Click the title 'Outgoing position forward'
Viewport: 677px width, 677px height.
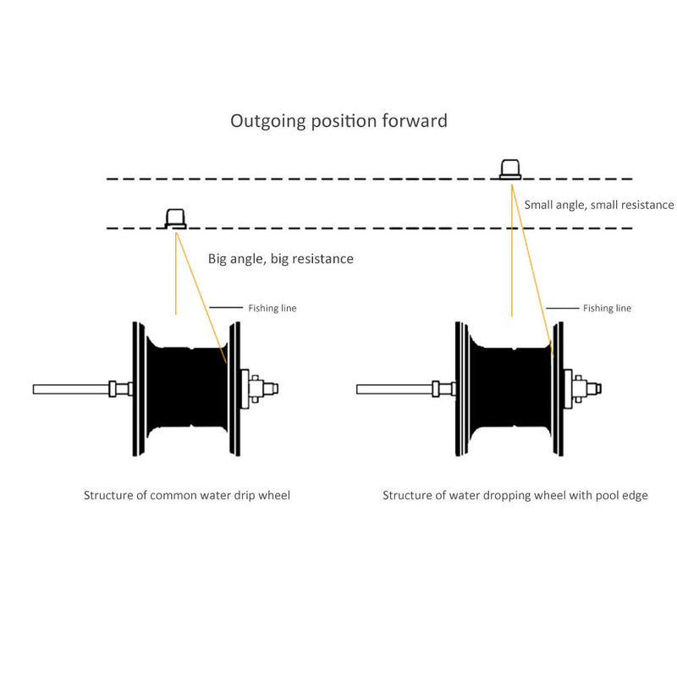click(x=338, y=121)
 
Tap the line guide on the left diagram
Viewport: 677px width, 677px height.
click(x=175, y=219)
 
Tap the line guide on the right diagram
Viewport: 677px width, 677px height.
click(x=510, y=168)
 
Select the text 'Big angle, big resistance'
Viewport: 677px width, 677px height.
click(x=280, y=259)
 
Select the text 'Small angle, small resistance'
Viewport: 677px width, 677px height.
click(x=598, y=205)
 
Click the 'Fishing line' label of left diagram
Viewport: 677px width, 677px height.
click(x=272, y=308)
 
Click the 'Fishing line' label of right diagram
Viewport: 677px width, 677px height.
click(x=607, y=308)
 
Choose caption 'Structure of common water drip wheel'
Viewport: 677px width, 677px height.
click(x=186, y=495)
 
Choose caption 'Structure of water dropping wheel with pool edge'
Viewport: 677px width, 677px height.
click(x=515, y=495)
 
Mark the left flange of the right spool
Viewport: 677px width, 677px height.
click(x=457, y=388)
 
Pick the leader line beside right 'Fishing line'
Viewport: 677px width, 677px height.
click(x=561, y=308)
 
